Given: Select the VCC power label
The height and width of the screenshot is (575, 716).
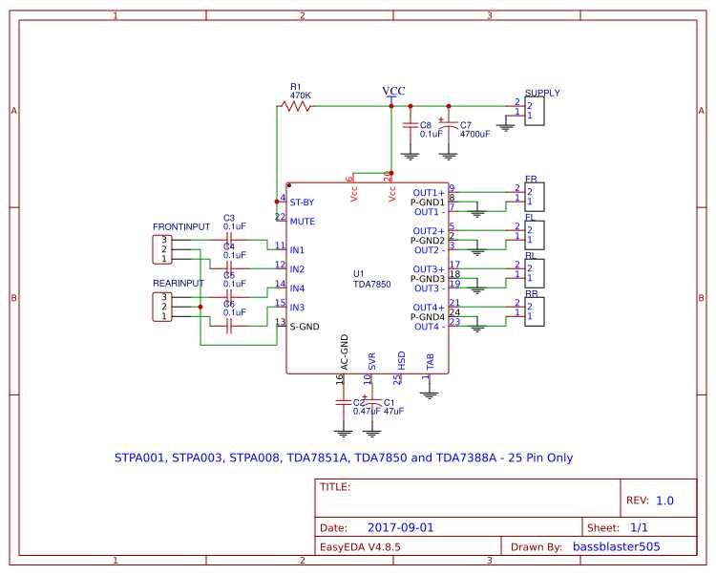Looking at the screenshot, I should [393, 91].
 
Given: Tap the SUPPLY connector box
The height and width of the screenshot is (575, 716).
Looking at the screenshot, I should [535, 112].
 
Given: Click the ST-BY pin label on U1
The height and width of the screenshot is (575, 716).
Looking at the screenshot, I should [303, 202].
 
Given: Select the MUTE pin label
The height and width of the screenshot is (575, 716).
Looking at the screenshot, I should [302, 221].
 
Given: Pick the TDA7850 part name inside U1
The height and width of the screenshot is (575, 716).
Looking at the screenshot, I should [372, 284].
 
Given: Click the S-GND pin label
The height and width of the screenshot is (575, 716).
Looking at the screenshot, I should [304, 327].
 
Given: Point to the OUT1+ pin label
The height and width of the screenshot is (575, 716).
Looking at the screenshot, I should [429, 193].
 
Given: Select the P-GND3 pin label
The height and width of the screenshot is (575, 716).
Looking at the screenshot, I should [427, 279].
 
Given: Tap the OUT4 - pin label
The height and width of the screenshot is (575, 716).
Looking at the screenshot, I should [429, 327].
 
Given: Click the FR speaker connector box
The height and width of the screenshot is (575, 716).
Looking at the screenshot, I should [535, 197].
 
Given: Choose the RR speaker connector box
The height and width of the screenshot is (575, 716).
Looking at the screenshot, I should [535, 312].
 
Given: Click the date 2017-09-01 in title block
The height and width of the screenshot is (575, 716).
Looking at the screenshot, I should [401, 527].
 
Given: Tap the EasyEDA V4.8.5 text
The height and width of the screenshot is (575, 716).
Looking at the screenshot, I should [360, 547].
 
